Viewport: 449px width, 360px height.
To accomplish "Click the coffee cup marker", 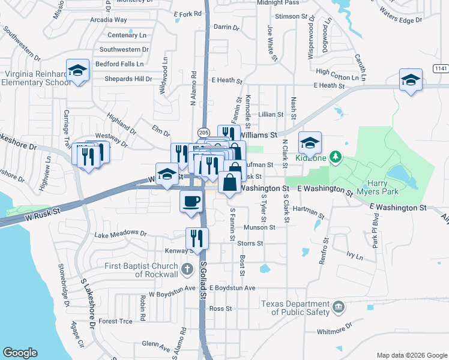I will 191,201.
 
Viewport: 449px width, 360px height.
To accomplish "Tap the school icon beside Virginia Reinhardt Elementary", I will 77,71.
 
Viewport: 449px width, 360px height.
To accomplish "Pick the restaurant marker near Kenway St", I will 196,239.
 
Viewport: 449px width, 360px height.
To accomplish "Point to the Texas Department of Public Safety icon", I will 338,307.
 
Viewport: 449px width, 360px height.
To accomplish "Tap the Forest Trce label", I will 115,321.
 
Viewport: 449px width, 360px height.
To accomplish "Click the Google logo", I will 20,353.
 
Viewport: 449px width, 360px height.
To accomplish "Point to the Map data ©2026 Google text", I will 411,355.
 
